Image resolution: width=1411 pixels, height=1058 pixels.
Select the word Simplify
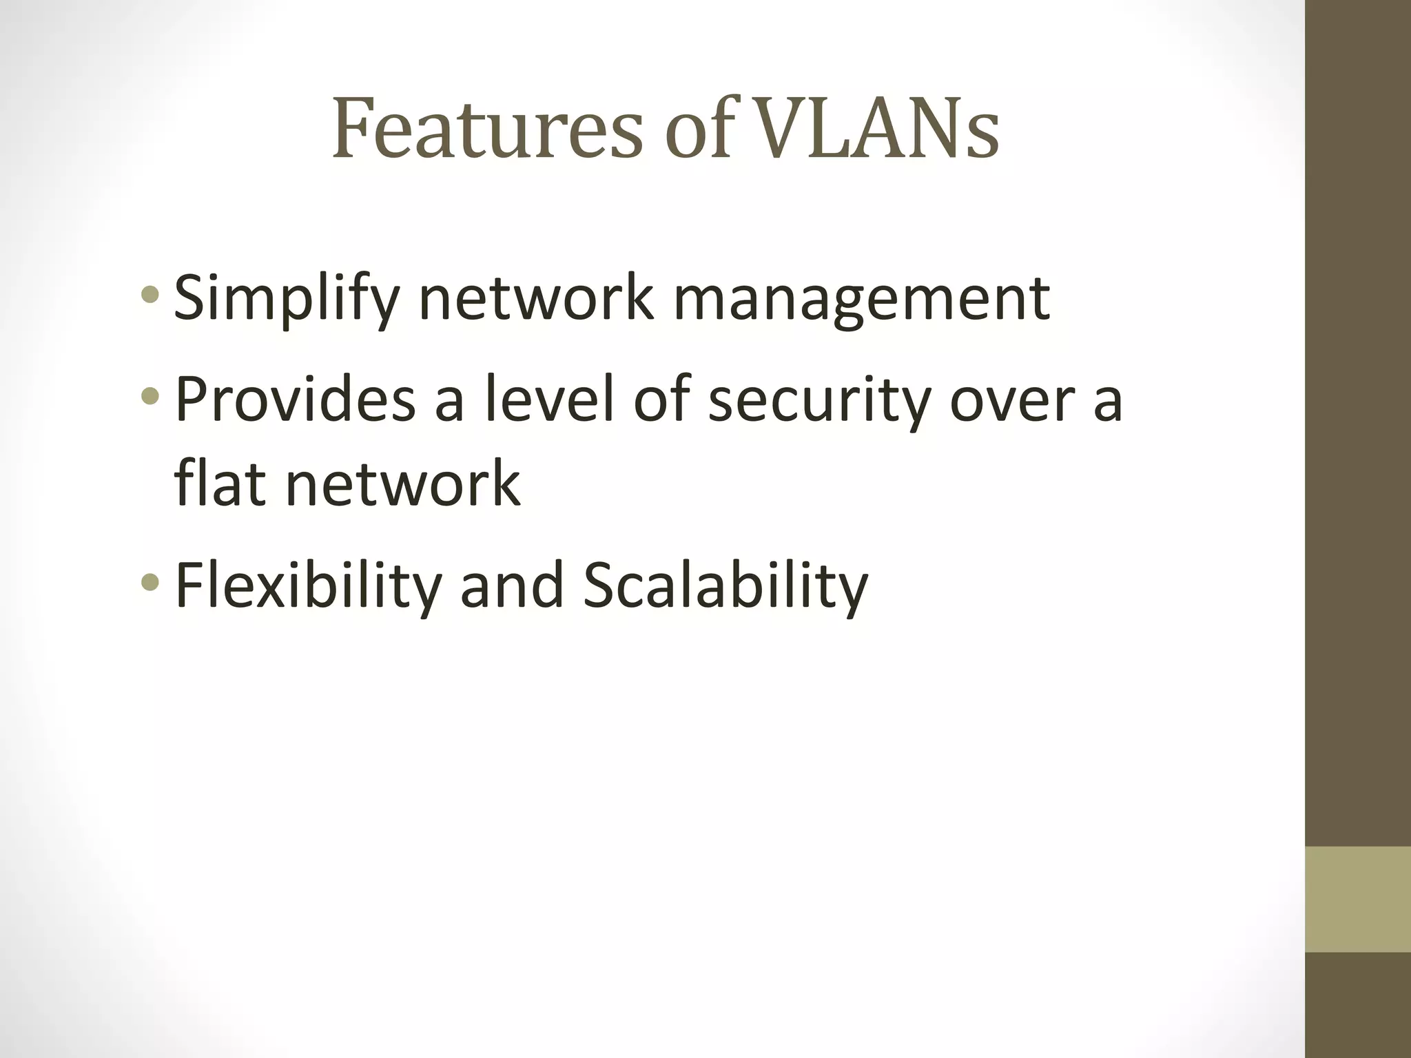coord(287,299)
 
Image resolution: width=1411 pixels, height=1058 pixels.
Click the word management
coord(861,299)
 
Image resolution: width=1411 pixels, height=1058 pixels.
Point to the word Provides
coord(296,400)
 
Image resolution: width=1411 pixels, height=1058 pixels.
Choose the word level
coord(548,400)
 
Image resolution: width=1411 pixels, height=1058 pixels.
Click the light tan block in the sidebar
coord(1358,899)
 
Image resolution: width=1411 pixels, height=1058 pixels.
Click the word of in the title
coord(700,129)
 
